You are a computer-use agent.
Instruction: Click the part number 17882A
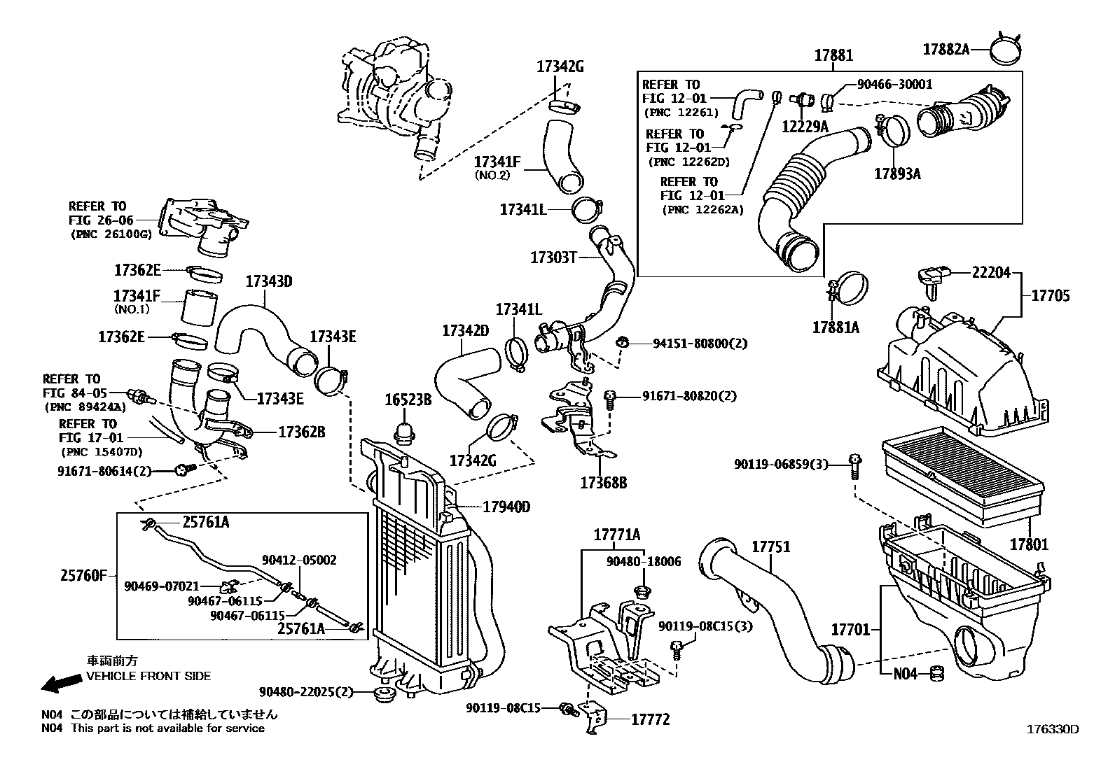coord(946,49)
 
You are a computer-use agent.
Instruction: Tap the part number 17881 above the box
coord(833,56)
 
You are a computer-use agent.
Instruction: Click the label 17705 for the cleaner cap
coord(1051,296)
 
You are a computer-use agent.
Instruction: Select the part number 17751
coord(771,546)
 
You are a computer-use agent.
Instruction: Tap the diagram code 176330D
coord(1053,728)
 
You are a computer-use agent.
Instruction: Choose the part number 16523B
coord(408,400)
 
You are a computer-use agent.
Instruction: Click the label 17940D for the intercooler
coord(506,507)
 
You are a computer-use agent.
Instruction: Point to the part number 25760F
coord(83,576)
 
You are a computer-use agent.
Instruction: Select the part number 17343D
coord(268,282)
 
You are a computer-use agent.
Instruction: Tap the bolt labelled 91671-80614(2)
coord(184,470)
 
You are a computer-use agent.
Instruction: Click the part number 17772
coord(650,719)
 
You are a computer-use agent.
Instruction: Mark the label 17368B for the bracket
coord(603,482)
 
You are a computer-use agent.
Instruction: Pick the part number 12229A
coord(805,126)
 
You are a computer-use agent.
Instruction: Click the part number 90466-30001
coord(895,85)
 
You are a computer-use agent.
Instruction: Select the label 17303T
coord(553,257)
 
